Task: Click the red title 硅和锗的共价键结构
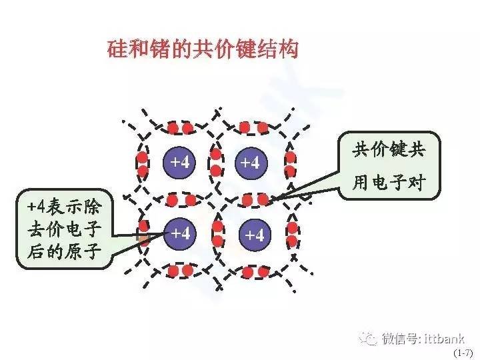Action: [x=203, y=49]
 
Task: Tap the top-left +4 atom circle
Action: [x=180, y=162]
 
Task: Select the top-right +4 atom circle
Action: [x=251, y=163]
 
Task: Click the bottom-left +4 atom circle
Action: [x=180, y=234]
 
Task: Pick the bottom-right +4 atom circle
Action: [x=255, y=235]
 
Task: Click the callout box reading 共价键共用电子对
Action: [x=389, y=165]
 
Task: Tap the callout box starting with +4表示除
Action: [x=65, y=229]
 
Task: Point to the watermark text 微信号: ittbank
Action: [x=423, y=339]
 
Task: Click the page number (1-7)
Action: [x=463, y=353]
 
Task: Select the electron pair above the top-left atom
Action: [x=180, y=128]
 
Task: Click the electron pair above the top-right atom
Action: [x=253, y=127]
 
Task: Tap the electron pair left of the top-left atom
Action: [x=143, y=164]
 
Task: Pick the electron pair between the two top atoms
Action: [x=216, y=162]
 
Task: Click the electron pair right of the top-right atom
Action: [x=290, y=164]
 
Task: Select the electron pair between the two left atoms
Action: [x=181, y=201]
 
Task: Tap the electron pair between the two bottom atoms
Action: [x=217, y=233]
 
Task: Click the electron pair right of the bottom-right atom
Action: [x=293, y=235]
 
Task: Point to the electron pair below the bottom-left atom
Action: [x=180, y=271]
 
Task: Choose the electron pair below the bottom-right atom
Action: [x=255, y=272]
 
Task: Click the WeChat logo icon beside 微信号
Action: [x=368, y=339]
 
